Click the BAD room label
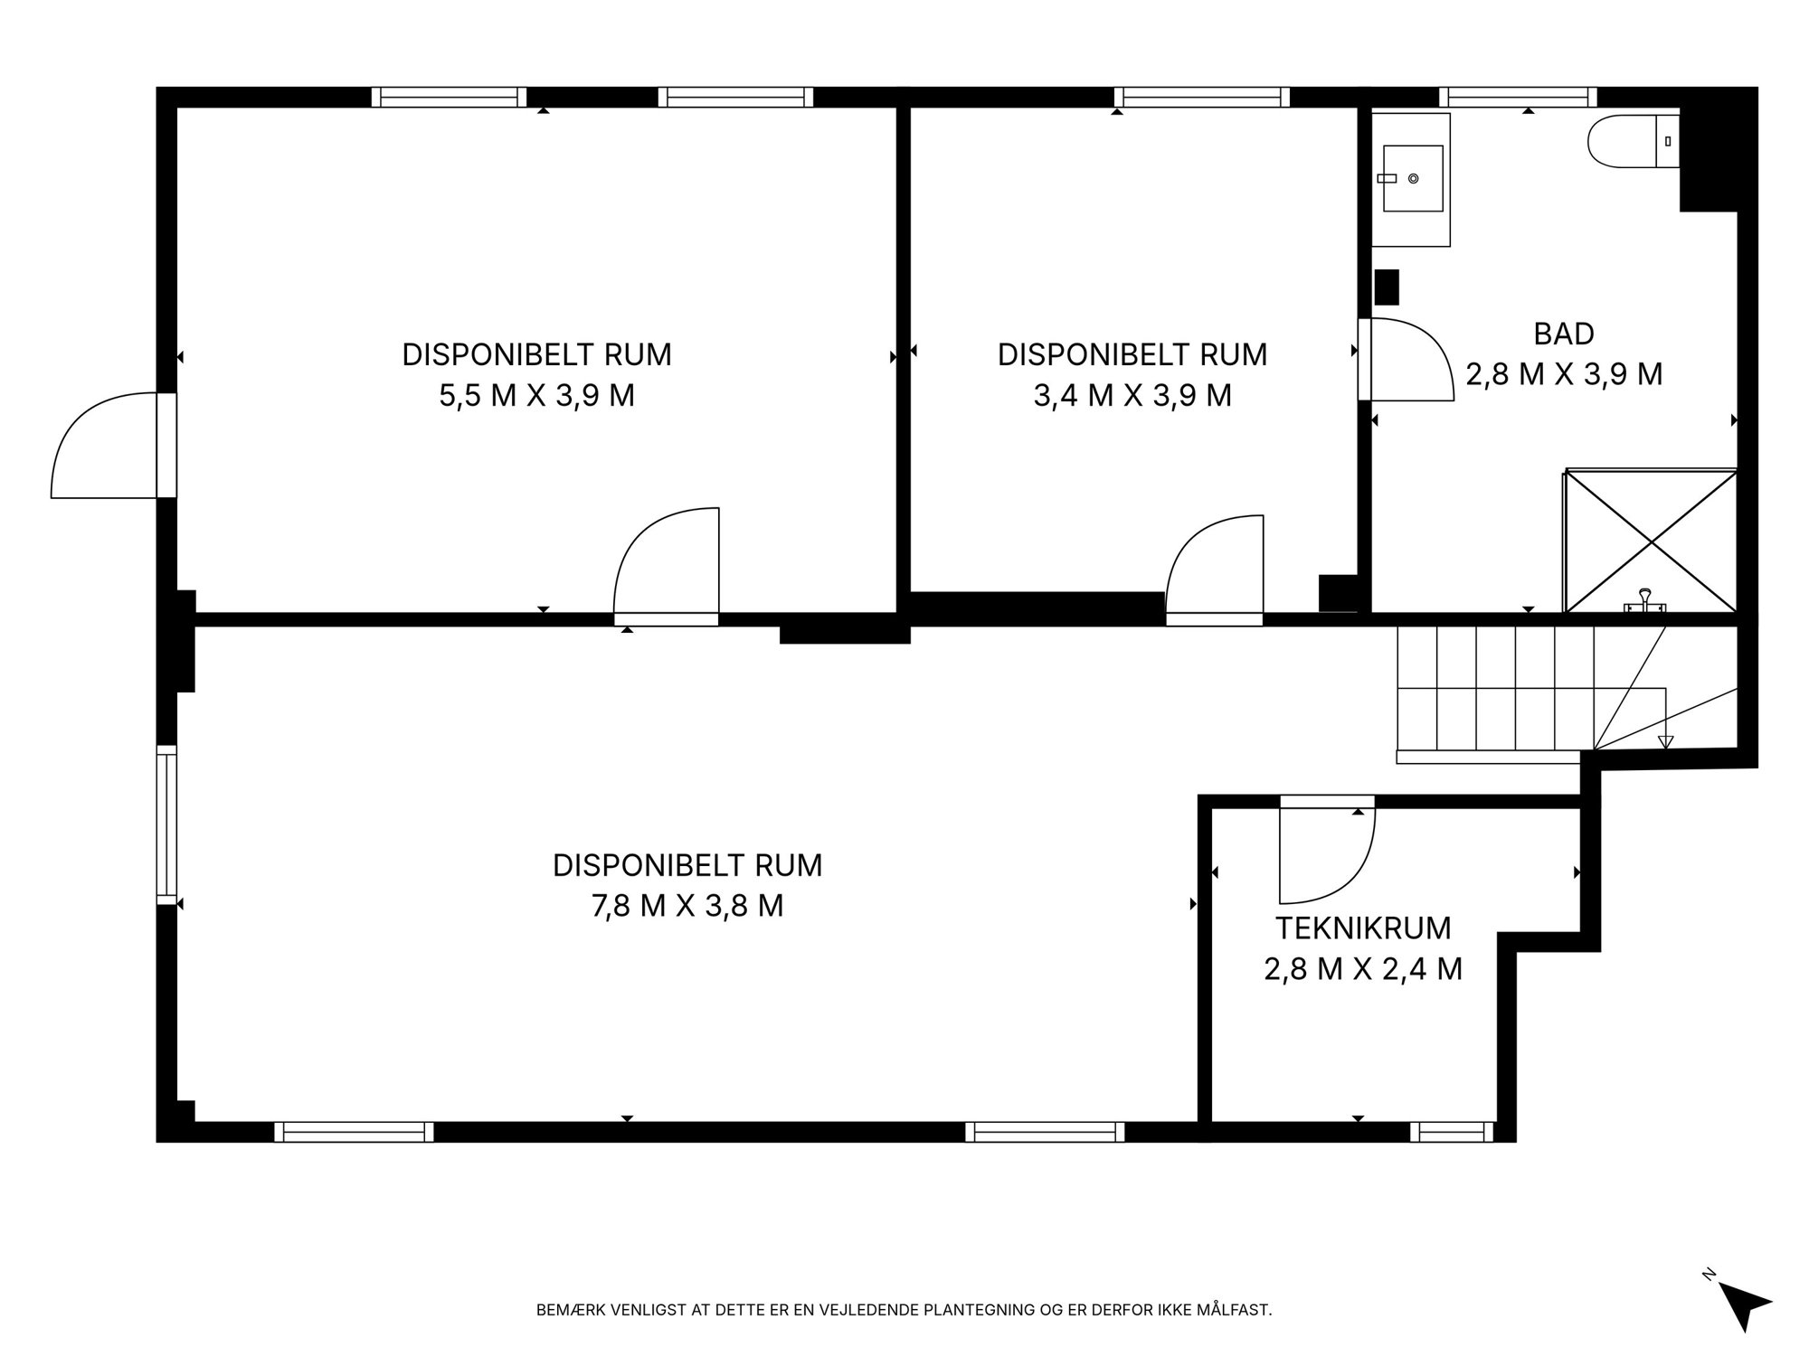click(1564, 334)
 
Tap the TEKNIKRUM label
click(1363, 928)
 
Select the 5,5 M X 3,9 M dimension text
click(537, 396)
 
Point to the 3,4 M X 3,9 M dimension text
click(1132, 396)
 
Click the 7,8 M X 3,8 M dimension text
click(687, 906)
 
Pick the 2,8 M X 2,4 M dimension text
click(1363, 969)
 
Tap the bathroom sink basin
click(1411, 179)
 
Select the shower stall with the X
click(1651, 541)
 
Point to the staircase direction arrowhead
click(1665, 742)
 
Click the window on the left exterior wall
click(166, 824)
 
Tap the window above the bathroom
click(1518, 97)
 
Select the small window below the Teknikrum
click(1452, 1132)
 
